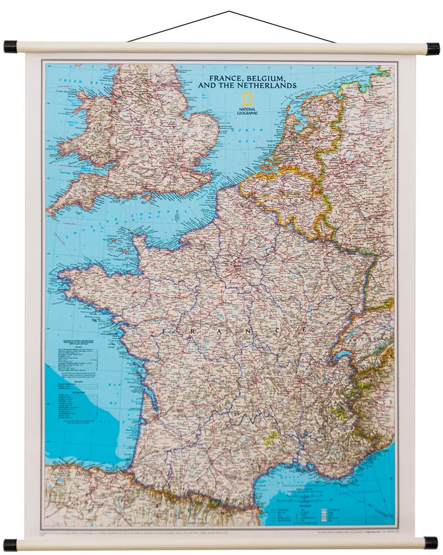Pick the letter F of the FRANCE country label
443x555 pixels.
point(165,331)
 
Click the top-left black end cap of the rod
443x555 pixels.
point(10,47)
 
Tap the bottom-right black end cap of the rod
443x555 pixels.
point(431,543)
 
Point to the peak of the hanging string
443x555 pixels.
point(229,11)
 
